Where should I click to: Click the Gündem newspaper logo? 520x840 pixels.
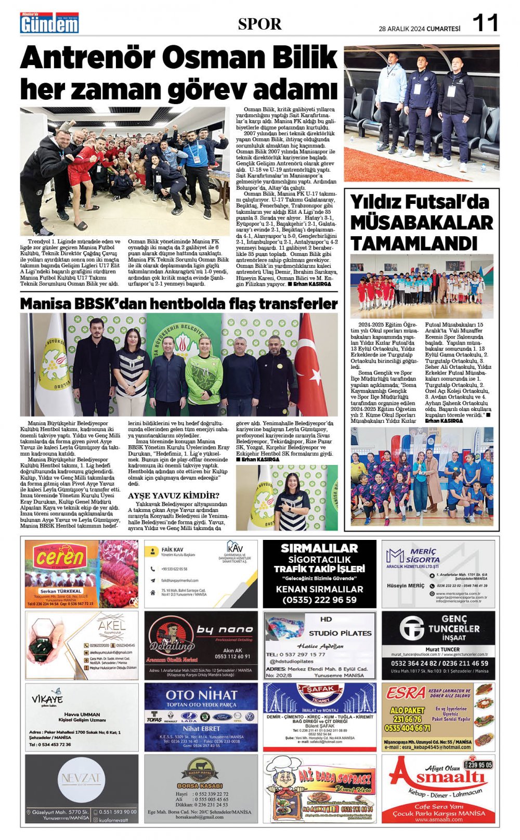click(49, 23)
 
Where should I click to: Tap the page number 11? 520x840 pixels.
click(486, 23)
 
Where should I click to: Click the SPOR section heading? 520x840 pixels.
click(259, 24)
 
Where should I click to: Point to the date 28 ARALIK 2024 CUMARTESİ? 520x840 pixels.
click(419, 29)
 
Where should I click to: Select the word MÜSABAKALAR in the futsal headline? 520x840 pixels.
click(421, 223)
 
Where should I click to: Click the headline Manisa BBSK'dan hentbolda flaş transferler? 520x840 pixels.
click(179, 304)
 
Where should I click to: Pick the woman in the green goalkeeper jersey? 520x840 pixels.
click(204, 372)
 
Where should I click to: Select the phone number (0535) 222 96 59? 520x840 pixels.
click(319, 600)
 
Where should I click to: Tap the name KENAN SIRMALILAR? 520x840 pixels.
click(319, 589)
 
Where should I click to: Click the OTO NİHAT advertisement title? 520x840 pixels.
click(201, 695)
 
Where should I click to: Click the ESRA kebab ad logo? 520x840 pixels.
click(406, 693)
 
